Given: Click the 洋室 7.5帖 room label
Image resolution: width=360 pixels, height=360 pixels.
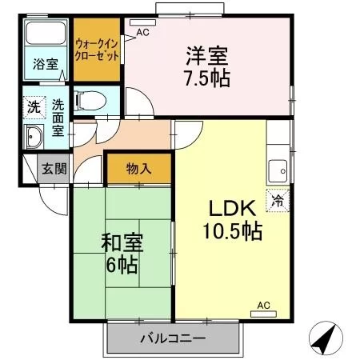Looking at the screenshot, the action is [x=208, y=66].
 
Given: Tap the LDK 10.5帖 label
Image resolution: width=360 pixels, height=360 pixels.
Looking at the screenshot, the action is [x=233, y=220].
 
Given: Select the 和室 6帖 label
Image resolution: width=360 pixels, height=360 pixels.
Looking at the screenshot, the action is [x=122, y=253].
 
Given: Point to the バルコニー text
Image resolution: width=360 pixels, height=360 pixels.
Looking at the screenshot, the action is [x=173, y=338].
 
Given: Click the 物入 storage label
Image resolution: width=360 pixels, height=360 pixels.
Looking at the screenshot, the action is [x=138, y=169].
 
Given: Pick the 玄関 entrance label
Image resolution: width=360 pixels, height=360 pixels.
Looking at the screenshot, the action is [x=54, y=169].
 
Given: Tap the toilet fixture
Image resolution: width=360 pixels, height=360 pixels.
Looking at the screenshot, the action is [x=90, y=101].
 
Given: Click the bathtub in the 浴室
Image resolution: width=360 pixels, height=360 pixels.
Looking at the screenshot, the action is [x=46, y=33].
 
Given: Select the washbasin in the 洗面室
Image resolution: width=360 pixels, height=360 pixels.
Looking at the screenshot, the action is [x=34, y=137].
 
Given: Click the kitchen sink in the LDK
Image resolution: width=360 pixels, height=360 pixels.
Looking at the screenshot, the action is [x=278, y=170].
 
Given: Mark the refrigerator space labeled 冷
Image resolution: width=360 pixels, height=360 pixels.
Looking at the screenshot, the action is [x=278, y=201].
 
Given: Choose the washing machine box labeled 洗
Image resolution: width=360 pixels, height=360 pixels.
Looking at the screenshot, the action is [x=34, y=107].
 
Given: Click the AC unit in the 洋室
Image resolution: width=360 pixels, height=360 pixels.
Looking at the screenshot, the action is [x=142, y=22].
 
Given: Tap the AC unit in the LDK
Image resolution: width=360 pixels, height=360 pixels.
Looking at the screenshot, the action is [x=263, y=314].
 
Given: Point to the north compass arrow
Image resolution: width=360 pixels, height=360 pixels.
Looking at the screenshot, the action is [x=326, y=338].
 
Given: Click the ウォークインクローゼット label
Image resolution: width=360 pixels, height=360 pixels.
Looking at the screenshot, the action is [x=97, y=50].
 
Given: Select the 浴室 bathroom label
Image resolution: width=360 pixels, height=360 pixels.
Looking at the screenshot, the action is [x=46, y=64].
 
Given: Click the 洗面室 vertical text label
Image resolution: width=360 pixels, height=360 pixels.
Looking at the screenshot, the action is [x=58, y=118].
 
